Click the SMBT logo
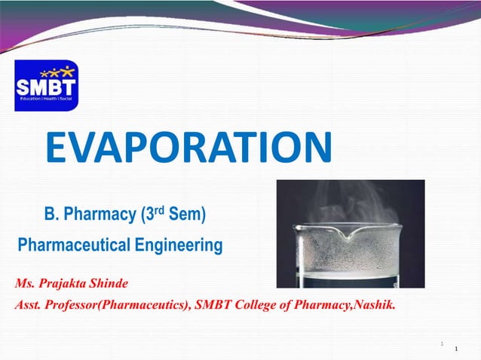[46, 85]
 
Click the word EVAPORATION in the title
[188, 148]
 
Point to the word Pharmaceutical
[74, 245]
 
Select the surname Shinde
[109, 284]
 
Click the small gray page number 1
[441, 344]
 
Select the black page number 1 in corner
[458, 349]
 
